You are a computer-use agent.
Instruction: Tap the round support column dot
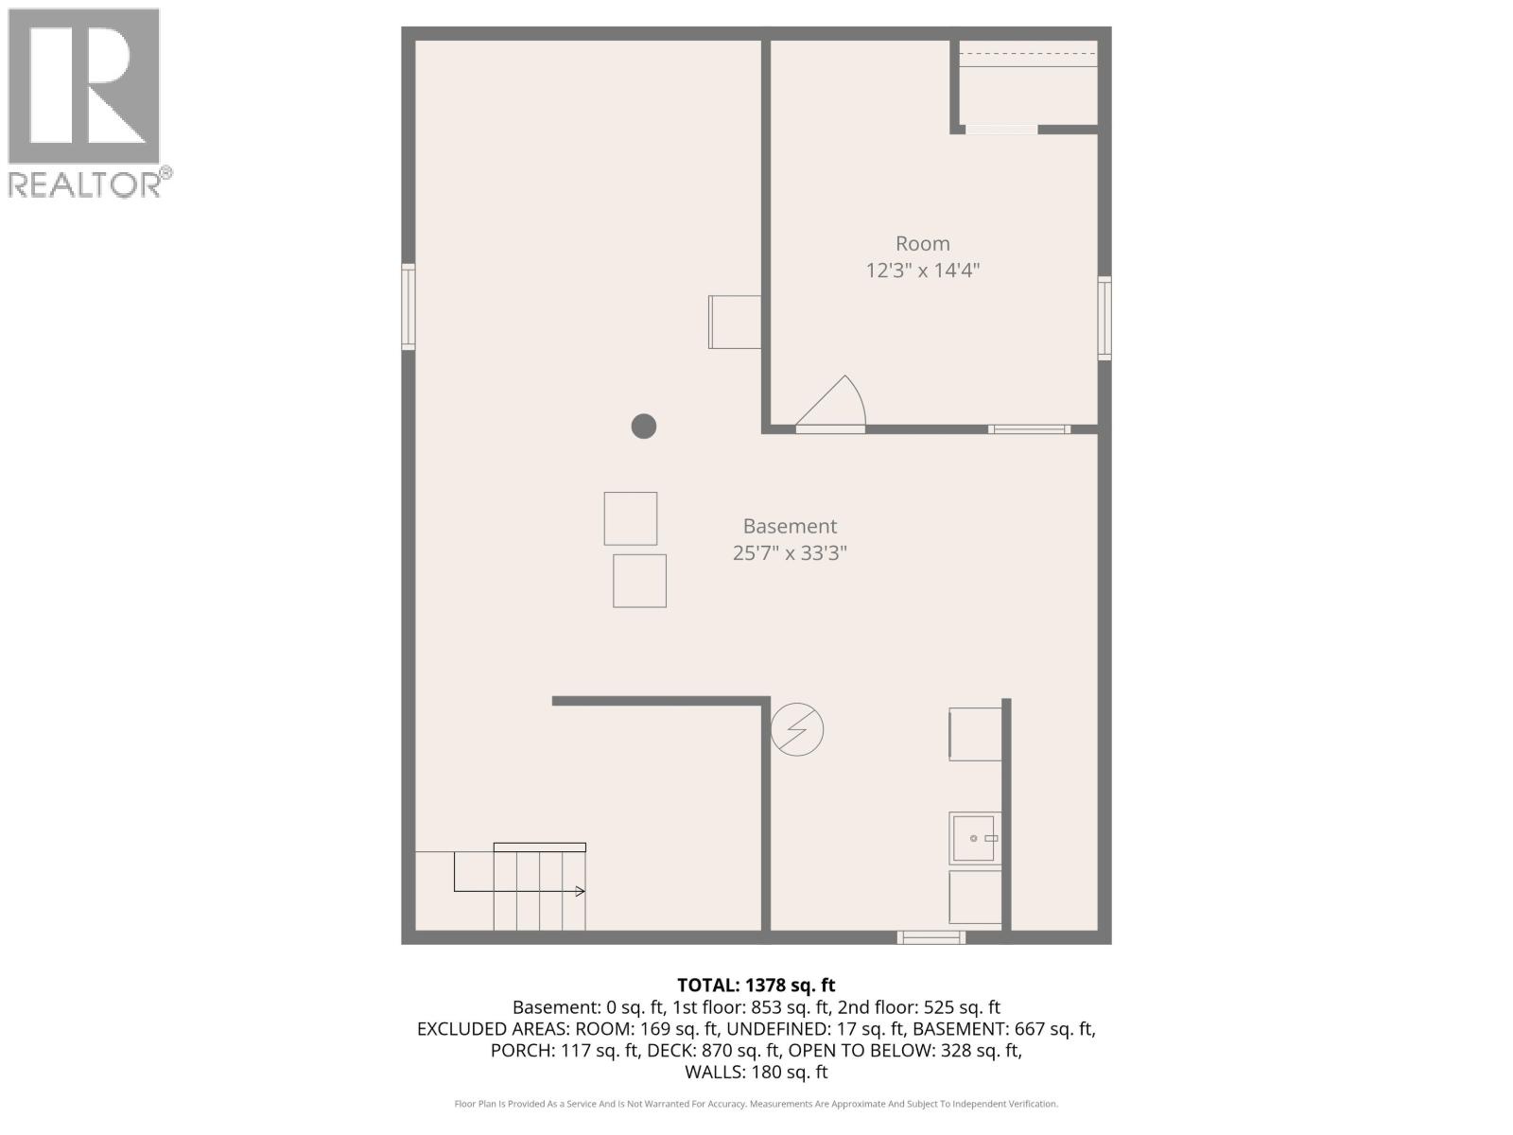[644, 427]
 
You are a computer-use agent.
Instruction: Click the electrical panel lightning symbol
[797, 729]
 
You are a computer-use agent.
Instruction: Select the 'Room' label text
[922, 244]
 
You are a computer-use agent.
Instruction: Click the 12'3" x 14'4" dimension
[922, 271]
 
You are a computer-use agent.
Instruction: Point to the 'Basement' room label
[790, 527]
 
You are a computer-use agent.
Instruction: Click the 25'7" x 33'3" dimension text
[790, 553]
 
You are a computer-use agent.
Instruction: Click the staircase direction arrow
[579, 891]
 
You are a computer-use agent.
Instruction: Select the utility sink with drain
[975, 838]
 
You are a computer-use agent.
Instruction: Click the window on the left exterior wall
[409, 307]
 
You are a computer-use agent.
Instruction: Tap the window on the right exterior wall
[1104, 318]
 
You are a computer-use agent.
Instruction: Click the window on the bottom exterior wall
[931, 937]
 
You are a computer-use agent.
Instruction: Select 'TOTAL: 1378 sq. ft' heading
[756, 986]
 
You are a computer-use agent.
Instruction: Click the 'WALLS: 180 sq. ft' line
[756, 1073]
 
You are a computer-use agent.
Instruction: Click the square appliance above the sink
[975, 734]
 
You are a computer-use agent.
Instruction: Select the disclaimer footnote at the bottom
[756, 1104]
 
